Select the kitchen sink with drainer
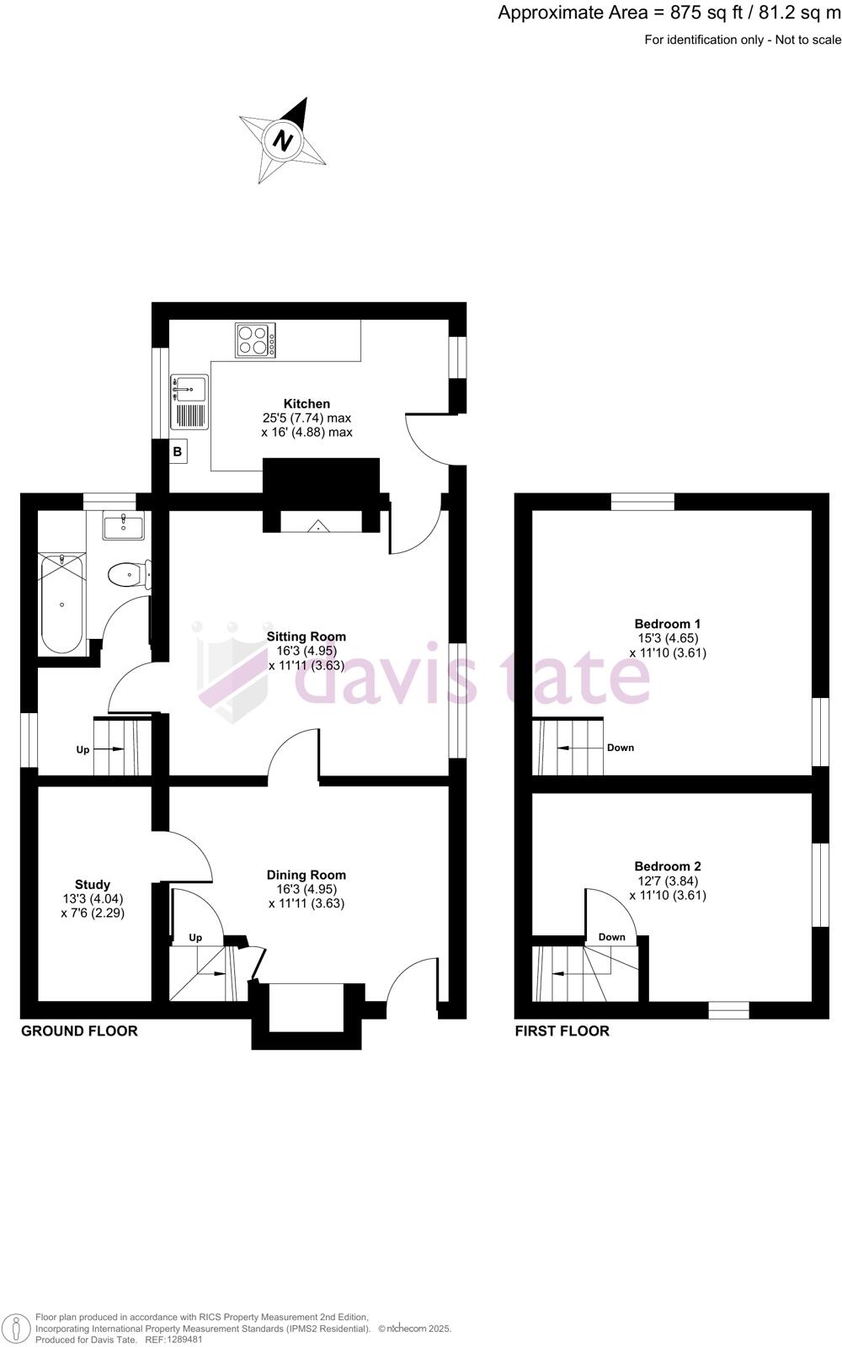click(x=189, y=402)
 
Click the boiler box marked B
click(x=178, y=452)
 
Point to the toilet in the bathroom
click(x=126, y=576)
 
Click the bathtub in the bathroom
click(x=61, y=603)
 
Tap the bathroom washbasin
click(x=124, y=526)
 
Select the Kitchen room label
click(x=306, y=404)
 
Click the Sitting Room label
click(x=306, y=636)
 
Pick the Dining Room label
click(x=306, y=875)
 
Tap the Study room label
click(x=93, y=885)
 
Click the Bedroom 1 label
click(x=668, y=624)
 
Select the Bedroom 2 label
click(x=668, y=866)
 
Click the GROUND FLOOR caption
click(x=79, y=1031)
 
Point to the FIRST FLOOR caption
click(x=562, y=1031)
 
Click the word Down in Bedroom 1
click(x=621, y=748)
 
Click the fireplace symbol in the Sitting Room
click(x=320, y=527)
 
